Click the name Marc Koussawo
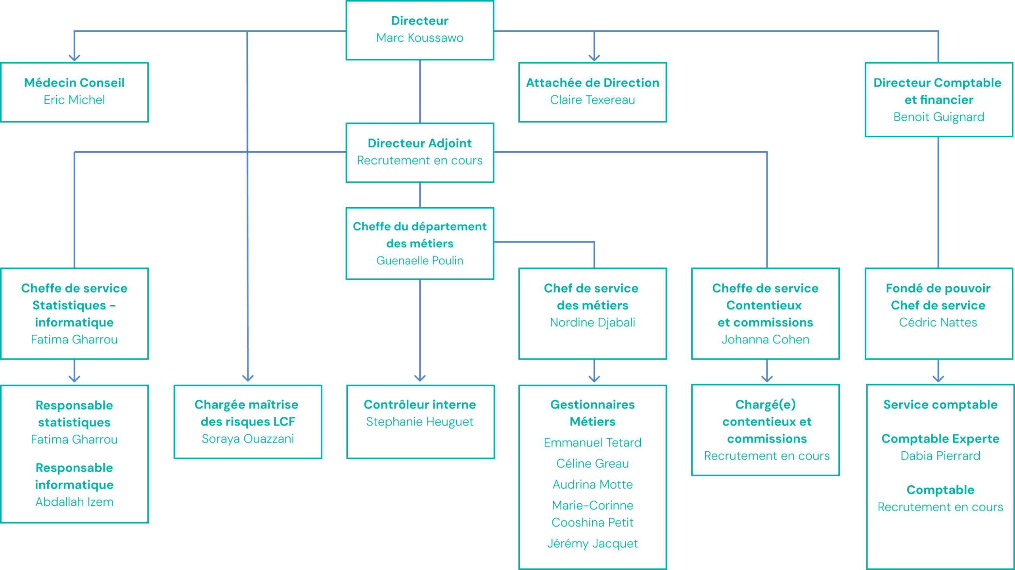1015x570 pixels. [x=419, y=38]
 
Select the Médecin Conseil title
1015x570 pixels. [x=74, y=83]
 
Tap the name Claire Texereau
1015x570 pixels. [x=592, y=100]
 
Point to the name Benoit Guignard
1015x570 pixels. [x=938, y=117]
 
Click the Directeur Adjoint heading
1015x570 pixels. [x=419, y=143]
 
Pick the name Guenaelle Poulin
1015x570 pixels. [x=419, y=260]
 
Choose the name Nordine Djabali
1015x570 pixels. [x=592, y=322]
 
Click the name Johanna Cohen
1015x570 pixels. [x=765, y=339]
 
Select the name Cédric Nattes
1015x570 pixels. [x=938, y=322]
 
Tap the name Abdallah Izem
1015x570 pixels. [x=74, y=502]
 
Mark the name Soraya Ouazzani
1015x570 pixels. [x=248, y=439]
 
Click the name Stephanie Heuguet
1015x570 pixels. [x=419, y=422]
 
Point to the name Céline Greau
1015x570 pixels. [x=592, y=463]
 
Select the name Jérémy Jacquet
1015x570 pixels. [x=592, y=543]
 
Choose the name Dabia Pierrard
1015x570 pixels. [x=940, y=456]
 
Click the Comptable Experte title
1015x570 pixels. [x=940, y=439]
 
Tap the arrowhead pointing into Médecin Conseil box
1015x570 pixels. [x=74, y=58]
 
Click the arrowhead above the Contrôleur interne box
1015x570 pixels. [x=420, y=377]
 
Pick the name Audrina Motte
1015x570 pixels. [x=592, y=484]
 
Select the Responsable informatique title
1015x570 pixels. [x=74, y=476]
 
